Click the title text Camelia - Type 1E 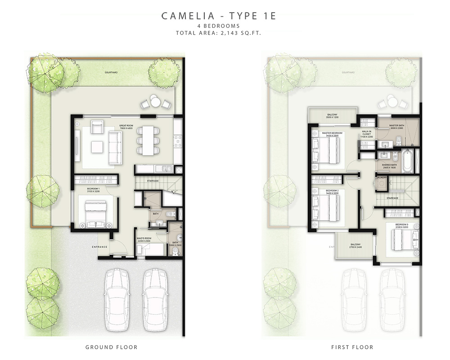pyautogui.click(x=219, y=16)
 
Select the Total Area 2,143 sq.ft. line pyautogui.click(x=219, y=33)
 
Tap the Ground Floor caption pyautogui.click(x=111, y=347)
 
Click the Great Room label pyautogui.click(x=125, y=127)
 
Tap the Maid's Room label pyautogui.click(x=145, y=238)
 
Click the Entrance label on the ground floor pyautogui.click(x=99, y=247)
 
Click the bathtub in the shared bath pyautogui.click(x=407, y=161)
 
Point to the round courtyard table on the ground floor pyautogui.click(x=155, y=102)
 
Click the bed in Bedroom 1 pyautogui.click(x=94, y=214)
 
